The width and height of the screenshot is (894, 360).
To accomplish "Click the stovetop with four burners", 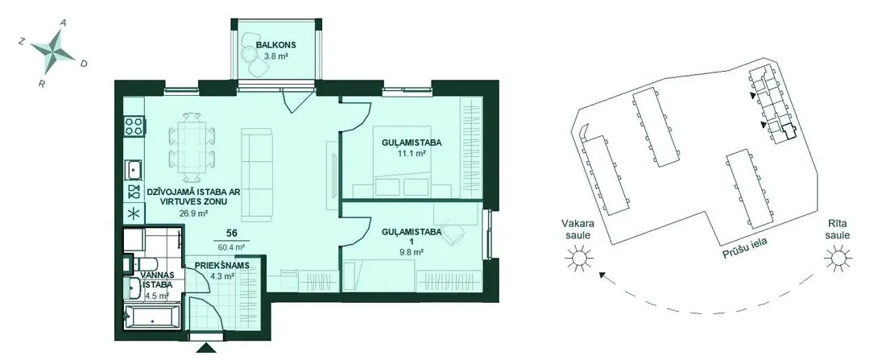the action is (x=134, y=126).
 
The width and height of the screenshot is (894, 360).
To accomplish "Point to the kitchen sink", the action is (x=135, y=169).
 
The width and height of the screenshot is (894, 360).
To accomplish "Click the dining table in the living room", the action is (x=192, y=147).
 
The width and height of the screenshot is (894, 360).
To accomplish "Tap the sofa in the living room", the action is (x=257, y=175).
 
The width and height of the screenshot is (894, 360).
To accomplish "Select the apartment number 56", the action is (x=231, y=233).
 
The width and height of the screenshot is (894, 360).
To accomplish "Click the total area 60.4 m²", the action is (x=231, y=247).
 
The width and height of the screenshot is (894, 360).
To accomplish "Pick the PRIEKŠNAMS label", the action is (x=220, y=266).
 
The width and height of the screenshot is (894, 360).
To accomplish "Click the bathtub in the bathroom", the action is (x=151, y=317).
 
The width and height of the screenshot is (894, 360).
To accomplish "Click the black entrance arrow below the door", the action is (x=204, y=347).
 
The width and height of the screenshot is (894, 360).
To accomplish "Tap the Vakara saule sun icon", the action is (x=579, y=259).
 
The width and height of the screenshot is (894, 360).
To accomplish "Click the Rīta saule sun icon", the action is (x=838, y=259).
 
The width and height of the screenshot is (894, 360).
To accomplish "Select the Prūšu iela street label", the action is (x=745, y=249).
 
